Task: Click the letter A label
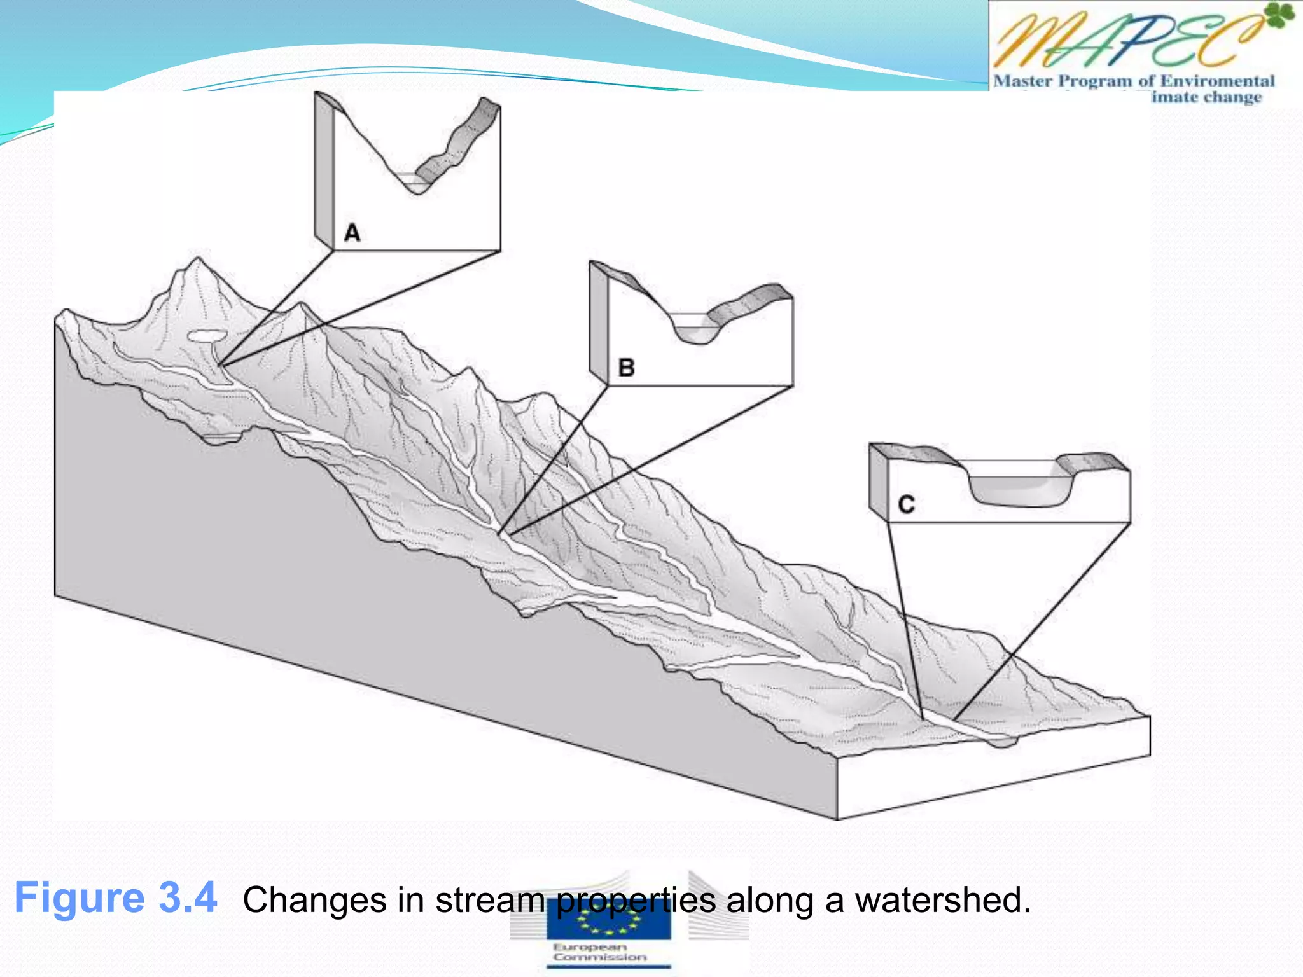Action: click(352, 233)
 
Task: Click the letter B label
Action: click(626, 368)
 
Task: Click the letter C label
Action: click(906, 504)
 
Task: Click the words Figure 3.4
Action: click(116, 898)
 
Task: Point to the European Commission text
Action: click(599, 952)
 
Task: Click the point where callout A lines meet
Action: click(220, 365)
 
